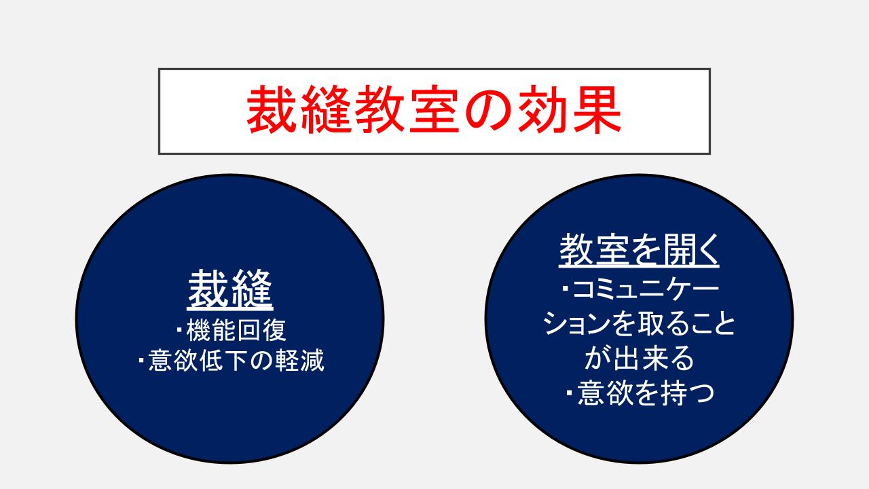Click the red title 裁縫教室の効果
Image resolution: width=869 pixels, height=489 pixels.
click(x=434, y=109)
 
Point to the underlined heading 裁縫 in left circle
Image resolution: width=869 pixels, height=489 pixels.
click(x=230, y=289)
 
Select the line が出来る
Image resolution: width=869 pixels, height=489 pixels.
click(x=639, y=357)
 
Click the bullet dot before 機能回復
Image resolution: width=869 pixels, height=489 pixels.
click(x=179, y=330)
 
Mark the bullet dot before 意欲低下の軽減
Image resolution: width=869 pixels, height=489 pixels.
click(x=141, y=361)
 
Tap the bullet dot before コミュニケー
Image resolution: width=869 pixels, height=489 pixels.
click(x=566, y=289)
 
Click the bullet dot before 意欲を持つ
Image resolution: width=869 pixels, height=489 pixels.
click(x=570, y=393)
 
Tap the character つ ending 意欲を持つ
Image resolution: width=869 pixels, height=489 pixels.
click(x=701, y=394)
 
